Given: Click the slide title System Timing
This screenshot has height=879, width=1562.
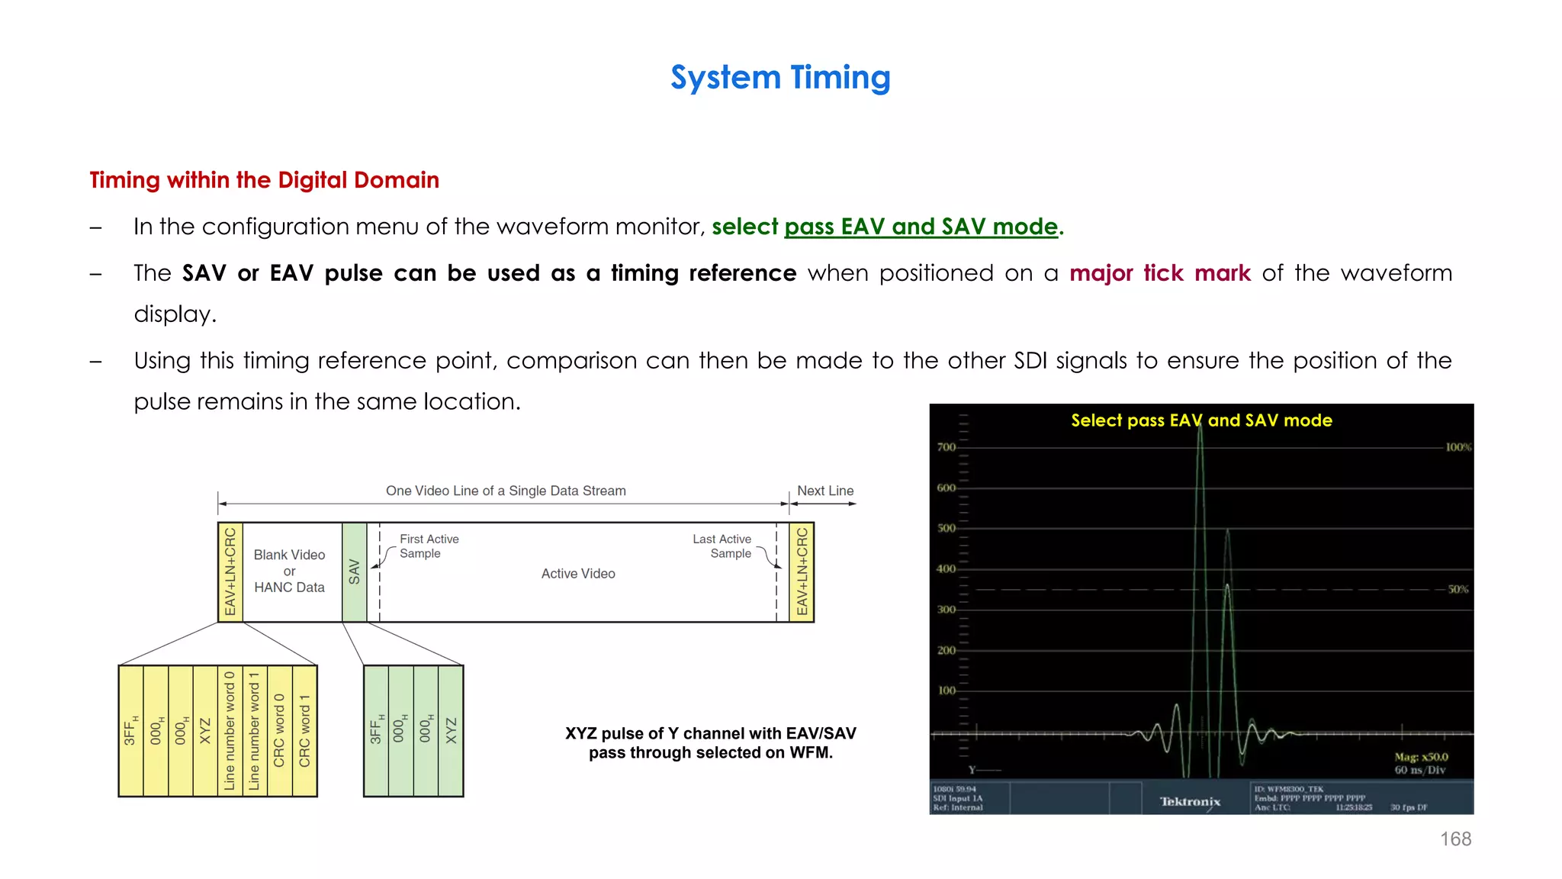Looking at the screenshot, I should (x=780, y=78).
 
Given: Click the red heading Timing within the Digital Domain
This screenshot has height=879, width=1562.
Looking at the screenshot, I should (x=264, y=180).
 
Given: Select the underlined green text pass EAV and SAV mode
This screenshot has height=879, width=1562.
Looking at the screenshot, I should (x=921, y=227).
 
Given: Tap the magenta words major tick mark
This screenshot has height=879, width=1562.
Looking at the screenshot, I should (x=1159, y=273).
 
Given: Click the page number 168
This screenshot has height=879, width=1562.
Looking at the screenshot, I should (x=1455, y=839).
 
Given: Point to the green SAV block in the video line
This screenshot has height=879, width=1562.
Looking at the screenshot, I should (x=354, y=572).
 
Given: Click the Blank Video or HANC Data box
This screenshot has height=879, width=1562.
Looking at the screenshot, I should (x=290, y=572).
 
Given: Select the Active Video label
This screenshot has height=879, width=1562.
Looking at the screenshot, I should (x=578, y=574).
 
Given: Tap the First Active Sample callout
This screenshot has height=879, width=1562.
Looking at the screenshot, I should (x=429, y=546).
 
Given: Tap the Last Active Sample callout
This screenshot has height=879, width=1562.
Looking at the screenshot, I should (x=722, y=546).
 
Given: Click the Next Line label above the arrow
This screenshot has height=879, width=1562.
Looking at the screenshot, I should (x=825, y=491).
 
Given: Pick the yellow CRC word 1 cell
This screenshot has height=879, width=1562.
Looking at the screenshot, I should (x=304, y=731).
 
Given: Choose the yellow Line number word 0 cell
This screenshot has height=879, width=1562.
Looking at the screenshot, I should (x=230, y=731).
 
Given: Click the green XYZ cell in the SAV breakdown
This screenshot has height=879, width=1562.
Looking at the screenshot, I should (x=451, y=731).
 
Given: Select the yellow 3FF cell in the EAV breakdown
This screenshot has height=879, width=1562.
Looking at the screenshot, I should (x=130, y=731).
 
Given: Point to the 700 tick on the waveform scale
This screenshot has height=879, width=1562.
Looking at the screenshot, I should (x=947, y=447).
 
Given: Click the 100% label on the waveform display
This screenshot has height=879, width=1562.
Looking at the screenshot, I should (x=1458, y=447).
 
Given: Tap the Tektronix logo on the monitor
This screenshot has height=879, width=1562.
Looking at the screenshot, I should (x=1190, y=801).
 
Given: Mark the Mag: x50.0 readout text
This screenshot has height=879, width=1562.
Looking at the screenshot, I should (x=1421, y=757).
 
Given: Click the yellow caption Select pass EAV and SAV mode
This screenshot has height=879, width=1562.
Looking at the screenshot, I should (x=1201, y=420).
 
